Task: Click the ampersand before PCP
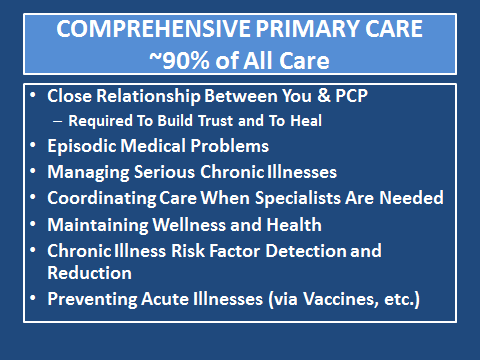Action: [323, 96]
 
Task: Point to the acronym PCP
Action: [351, 96]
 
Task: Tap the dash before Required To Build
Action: [58, 121]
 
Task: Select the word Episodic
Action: [82, 146]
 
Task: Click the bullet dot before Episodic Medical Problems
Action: [33, 146]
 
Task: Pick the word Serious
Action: [164, 172]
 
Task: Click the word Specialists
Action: [298, 198]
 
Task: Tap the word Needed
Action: [412, 198]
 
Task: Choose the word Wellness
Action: [189, 225]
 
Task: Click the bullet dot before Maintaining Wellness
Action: [33, 225]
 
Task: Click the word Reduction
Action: [89, 273]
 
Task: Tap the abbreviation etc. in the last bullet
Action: [400, 299]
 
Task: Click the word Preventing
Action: [92, 299]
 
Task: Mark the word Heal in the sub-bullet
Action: [306, 121]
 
